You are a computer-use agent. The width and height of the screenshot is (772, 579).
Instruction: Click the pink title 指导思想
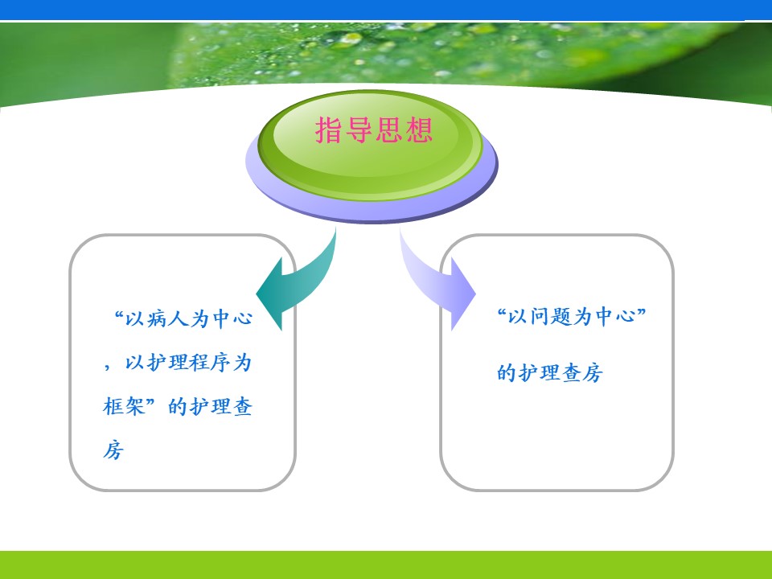point(374,130)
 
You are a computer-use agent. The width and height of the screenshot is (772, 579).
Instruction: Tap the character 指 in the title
point(329,130)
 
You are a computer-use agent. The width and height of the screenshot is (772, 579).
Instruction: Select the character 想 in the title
point(419,130)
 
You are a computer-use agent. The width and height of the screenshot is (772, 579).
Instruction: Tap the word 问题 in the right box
point(550,316)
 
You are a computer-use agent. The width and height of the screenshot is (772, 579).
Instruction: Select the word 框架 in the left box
point(124,407)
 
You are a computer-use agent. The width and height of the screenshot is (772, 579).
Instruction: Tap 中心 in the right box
point(615,316)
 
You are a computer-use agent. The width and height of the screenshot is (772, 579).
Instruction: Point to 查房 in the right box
point(582,372)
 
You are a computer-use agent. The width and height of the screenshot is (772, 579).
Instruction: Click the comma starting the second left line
point(107,367)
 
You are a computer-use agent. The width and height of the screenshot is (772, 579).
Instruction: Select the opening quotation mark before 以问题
point(502,312)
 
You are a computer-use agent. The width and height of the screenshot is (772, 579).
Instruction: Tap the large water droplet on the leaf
point(351,39)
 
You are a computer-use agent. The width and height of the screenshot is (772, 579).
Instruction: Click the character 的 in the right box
point(507,372)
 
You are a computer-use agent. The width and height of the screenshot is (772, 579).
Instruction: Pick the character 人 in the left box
point(179,318)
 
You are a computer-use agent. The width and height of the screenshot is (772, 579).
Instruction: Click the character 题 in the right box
point(561,316)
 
